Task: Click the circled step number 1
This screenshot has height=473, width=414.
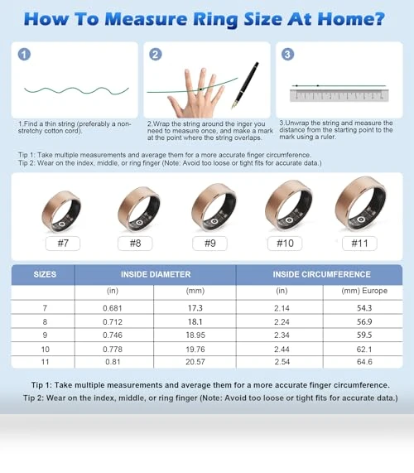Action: (x=24, y=55)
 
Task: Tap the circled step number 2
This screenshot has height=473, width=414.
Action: (x=156, y=55)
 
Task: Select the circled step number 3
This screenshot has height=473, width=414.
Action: (x=287, y=55)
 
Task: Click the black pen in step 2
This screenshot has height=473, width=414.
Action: (x=245, y=85)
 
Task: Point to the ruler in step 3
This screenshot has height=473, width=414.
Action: (x=339, y=95)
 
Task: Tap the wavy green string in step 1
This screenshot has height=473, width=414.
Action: (x=76, y=90)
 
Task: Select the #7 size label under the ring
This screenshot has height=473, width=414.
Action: (x=63, y=244)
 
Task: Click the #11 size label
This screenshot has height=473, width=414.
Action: (x=359, y=244)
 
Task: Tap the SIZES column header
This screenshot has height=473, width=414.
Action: (x=45, y=274)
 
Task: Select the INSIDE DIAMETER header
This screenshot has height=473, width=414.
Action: (x=156, y=274)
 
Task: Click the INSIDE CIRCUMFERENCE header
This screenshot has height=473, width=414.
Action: (x=321, y=274)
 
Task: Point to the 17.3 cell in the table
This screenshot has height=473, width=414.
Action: (x=195, y=308)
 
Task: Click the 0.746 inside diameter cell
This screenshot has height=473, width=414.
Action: (x=113, y=335)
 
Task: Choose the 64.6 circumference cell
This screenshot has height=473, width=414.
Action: (x=364, y=362)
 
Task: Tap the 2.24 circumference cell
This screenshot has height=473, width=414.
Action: (x=282, y=322)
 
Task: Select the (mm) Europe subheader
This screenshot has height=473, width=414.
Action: (x=364, y=291)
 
